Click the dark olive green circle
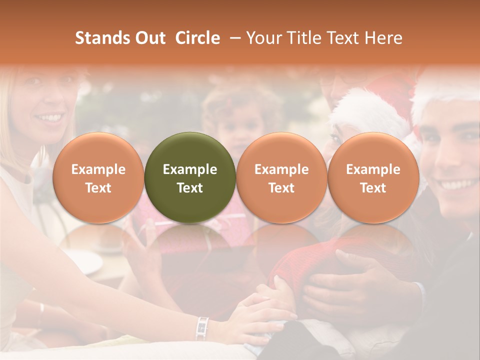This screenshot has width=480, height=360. (190, 177)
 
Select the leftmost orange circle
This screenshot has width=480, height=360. (98, 177)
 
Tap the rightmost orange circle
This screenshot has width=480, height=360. (373, 177)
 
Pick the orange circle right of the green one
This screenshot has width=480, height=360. (281, 177)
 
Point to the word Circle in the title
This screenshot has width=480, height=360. (197, 38)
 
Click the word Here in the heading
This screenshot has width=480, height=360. (384, 38)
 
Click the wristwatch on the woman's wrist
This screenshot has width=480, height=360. (202, 328)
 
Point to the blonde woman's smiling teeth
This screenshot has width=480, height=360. (50, 118)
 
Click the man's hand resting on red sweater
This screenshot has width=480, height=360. (350, 280)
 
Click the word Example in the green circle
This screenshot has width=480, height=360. (190, 169)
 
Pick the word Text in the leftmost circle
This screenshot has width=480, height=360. (98, 188)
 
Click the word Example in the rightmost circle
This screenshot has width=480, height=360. (373, 169)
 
